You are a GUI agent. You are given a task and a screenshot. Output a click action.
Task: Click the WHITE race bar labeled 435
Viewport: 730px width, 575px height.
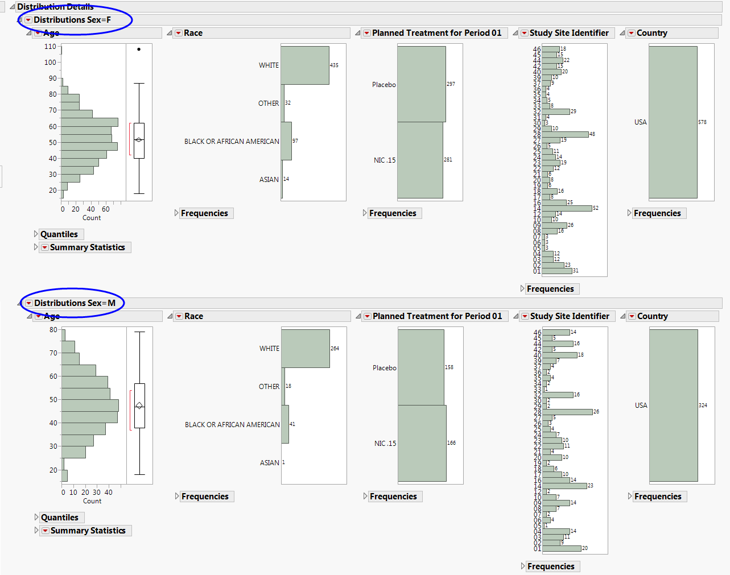(x=304, y=65)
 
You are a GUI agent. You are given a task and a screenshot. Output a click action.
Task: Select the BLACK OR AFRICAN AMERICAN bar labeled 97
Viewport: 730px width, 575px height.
(x=286, y=141)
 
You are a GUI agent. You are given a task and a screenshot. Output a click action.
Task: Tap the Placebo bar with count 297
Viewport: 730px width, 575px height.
(x=421, y=84)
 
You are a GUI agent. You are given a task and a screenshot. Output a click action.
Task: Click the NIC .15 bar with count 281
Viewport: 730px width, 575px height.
(x=420, y=160)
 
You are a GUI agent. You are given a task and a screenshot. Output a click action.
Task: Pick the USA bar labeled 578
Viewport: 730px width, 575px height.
(x=673, y=122)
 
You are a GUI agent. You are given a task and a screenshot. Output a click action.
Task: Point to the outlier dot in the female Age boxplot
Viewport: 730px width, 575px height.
(x=139, y=49)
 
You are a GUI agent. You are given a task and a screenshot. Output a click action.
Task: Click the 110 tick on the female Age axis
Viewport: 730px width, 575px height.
(x=51, y=47)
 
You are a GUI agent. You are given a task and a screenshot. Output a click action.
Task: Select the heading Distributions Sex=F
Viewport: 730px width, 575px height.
(x=72, y=20)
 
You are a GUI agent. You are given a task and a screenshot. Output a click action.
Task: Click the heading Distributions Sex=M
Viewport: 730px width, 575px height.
(x=75, y=303)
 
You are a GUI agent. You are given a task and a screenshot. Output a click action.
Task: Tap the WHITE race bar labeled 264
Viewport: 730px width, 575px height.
(x=305, y=349)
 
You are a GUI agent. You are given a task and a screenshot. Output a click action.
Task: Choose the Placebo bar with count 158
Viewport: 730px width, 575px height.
(x=420, y=367)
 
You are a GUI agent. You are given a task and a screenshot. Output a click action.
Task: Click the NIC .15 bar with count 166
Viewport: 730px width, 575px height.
(x=422, y=443)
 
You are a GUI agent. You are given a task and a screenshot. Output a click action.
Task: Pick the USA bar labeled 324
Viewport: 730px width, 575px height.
(x=673, y=406)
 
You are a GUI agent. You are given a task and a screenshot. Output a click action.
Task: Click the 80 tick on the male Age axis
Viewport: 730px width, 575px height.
(x=53, y=330)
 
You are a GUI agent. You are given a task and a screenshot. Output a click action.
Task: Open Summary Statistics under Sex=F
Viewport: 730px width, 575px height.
(x=87, y=247)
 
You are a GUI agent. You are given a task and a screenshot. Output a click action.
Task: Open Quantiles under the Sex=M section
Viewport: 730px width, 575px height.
(x=59, y=518)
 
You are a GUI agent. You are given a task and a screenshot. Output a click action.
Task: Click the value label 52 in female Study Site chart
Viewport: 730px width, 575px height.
(x=596, y=208)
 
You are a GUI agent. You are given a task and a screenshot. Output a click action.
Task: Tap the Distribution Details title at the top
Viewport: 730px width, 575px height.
(x=55, y=7)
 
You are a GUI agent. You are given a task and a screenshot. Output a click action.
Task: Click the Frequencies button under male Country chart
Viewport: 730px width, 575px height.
(x=657, y=497)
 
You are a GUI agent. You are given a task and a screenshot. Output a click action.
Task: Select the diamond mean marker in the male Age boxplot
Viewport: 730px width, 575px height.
(x=139, y=406)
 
